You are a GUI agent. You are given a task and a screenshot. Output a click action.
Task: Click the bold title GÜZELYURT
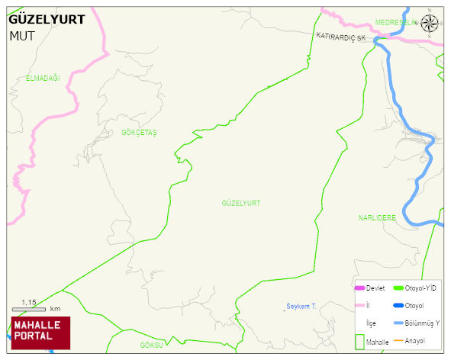[47, 20]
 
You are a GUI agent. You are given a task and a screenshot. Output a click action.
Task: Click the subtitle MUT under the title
[22, 35]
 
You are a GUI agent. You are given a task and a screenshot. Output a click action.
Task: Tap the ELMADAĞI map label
[42, 79]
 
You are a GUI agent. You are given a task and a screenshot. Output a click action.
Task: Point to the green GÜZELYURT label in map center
[240, 203]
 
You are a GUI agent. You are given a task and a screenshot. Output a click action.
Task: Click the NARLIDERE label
[377, 217]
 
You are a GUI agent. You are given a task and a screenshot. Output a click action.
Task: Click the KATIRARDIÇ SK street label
[341, 37]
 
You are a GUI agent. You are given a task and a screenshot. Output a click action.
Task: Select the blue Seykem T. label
[301, 306]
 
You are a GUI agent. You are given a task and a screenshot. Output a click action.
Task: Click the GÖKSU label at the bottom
[152, 346]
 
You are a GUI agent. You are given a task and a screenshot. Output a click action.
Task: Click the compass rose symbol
[430, 24]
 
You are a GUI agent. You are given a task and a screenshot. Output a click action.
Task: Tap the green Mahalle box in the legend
[360, 341]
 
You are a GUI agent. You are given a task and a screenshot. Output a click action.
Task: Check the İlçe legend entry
[372, 323]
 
